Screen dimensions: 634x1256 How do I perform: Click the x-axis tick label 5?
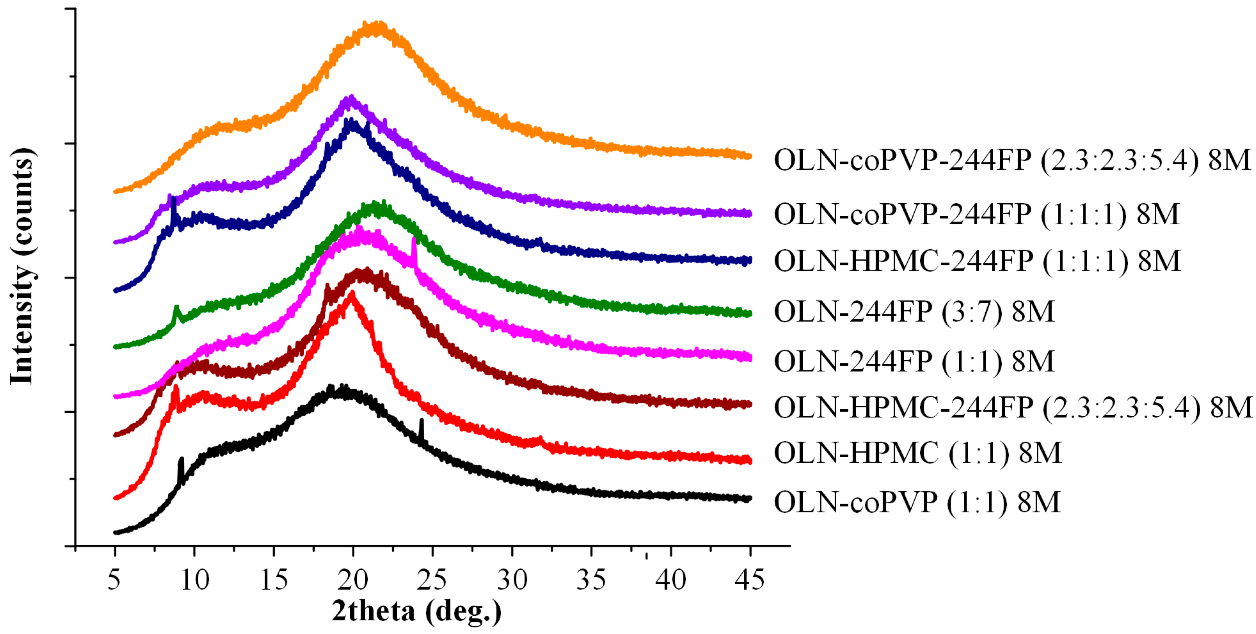(x=114, y=580)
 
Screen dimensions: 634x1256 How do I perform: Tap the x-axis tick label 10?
(x=195, y=580)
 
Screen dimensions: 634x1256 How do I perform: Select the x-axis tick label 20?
(x=353, y=580)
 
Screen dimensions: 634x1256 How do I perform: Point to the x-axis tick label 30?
(x=512, y=580)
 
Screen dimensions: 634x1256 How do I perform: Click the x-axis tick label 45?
(x=749, y=580)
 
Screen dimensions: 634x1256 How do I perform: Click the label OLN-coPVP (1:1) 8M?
(x=917, y=502)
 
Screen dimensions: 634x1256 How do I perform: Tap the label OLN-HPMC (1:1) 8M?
(x=918, y=453)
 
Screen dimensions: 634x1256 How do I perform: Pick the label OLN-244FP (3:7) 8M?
(x=914, y=312)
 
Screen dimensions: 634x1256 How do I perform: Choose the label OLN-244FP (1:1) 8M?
(x=914, y=361)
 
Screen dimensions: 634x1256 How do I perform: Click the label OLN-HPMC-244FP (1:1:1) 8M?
(x=977, y=261)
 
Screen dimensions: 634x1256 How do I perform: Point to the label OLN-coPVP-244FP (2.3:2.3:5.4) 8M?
(x=1012, y=160)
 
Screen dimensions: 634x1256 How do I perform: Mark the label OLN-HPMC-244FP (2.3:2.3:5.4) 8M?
(x=1013, y=408)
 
